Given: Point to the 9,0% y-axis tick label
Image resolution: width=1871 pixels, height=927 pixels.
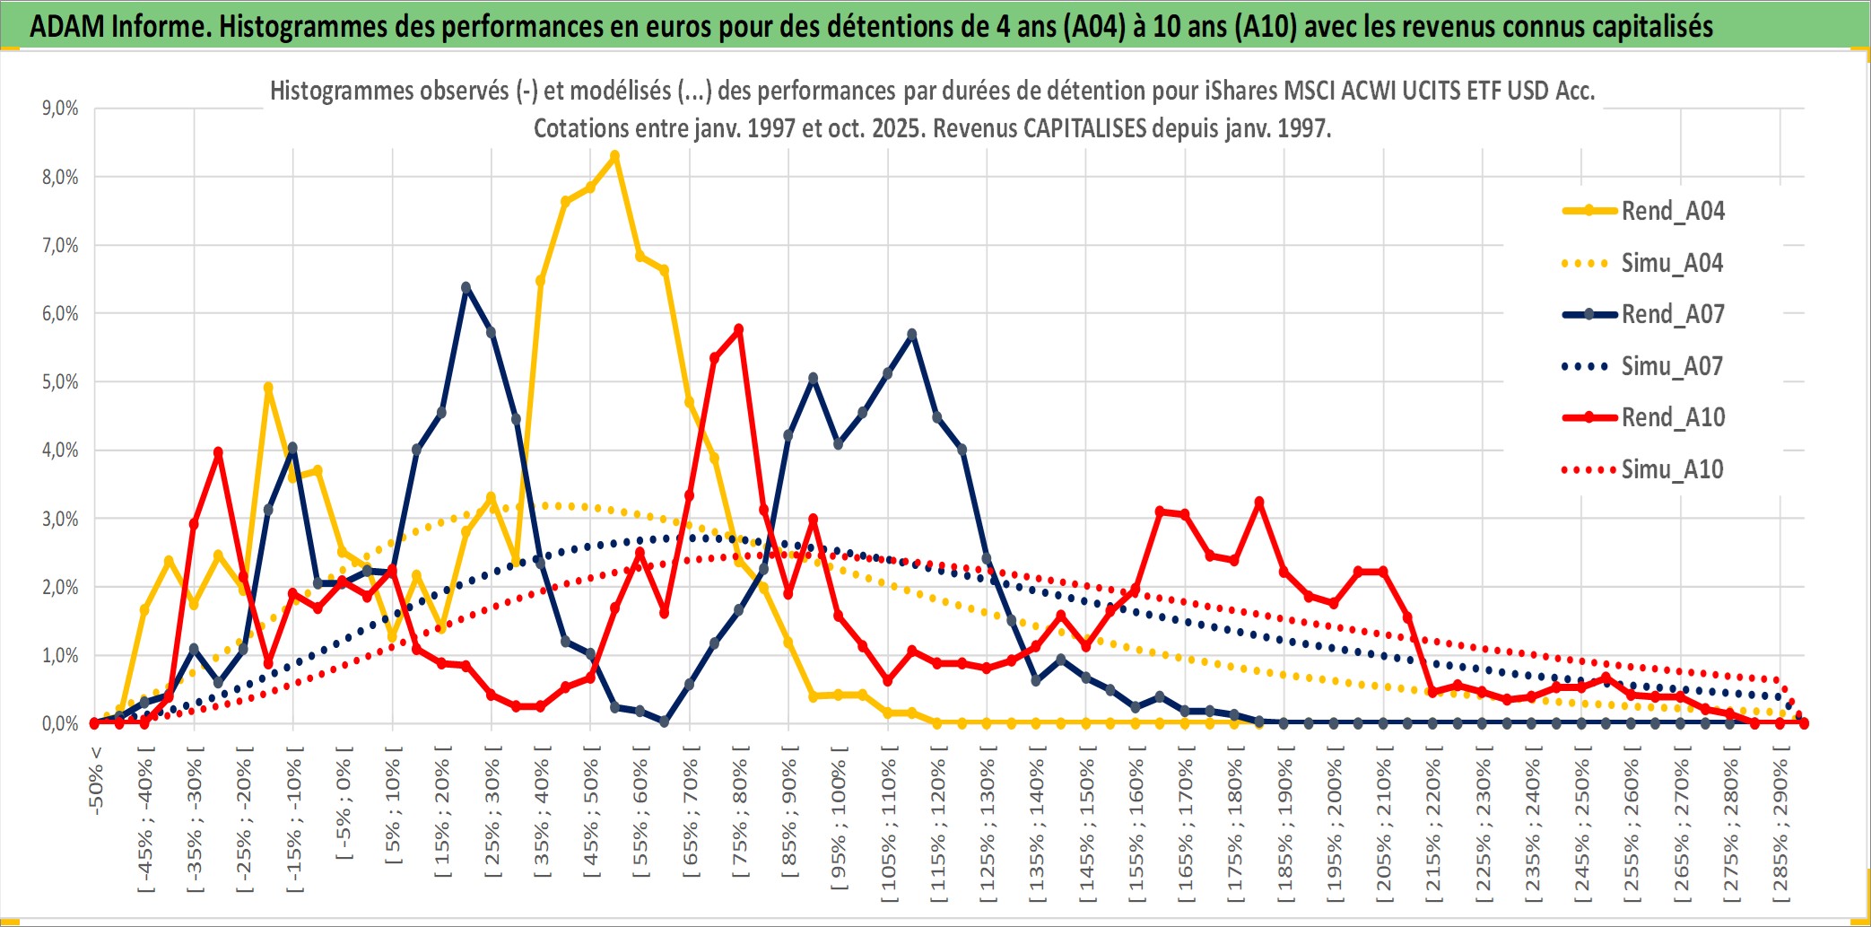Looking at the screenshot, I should [60, 109].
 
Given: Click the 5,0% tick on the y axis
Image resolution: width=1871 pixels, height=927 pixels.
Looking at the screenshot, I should [60, 382].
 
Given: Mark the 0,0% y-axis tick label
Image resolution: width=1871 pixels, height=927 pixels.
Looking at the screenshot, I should [60, 724].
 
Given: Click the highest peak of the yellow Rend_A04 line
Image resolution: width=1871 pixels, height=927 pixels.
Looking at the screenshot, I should [614, 156].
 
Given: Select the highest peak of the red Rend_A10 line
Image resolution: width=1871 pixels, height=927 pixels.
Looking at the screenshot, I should [738, 330].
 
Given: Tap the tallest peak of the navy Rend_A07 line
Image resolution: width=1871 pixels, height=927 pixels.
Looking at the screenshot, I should [466, 288].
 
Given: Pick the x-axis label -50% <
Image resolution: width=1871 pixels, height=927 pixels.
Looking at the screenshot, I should [96, 780].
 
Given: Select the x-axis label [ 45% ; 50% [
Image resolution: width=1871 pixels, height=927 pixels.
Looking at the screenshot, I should [590, 817].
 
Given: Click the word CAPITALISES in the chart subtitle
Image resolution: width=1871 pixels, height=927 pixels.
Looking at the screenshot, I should [1084, 128].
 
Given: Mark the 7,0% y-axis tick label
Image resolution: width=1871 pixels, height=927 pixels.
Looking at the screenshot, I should [60, 246].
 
